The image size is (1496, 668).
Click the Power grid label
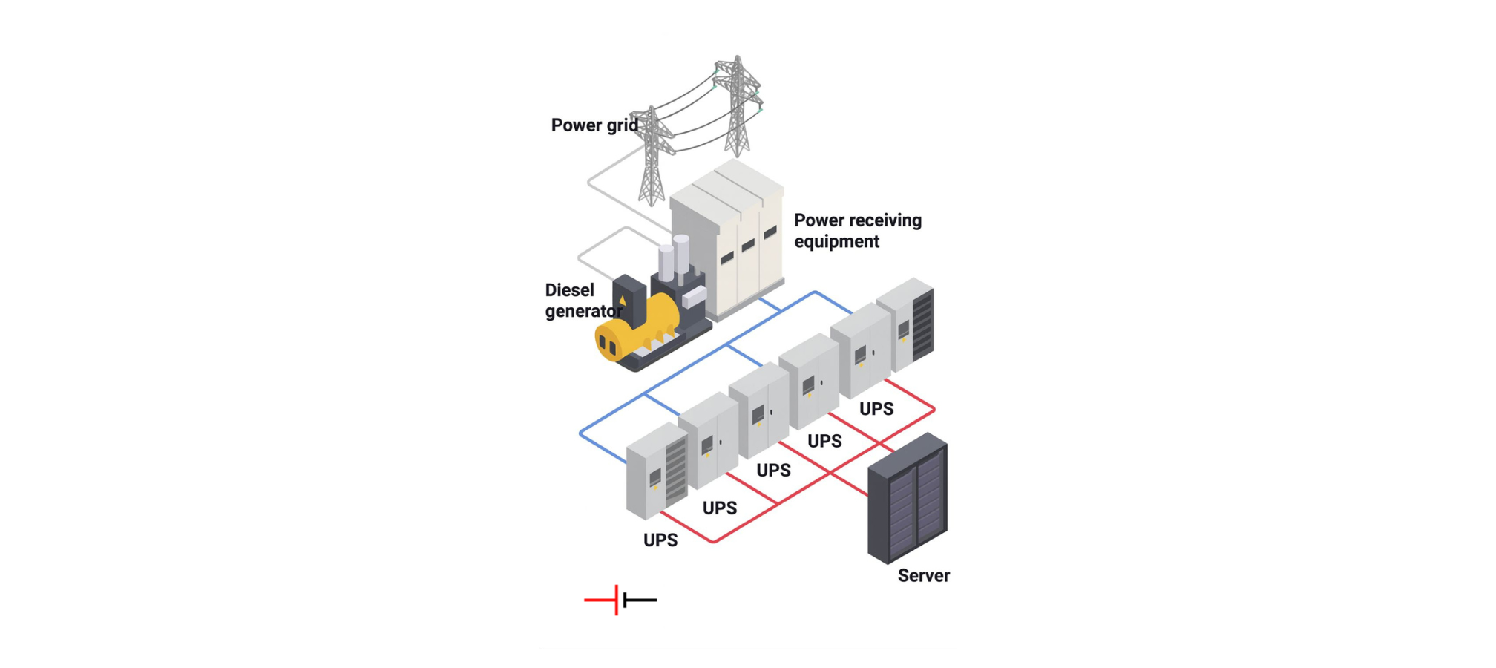pos(594,125)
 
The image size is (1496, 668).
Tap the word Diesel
pos(569,290)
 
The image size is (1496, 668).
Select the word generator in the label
pos(583,311)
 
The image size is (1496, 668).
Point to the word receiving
pos(885,220)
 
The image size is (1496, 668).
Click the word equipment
pos(836,242)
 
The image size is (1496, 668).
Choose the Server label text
pos(923,576)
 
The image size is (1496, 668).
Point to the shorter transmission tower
pos(652,156)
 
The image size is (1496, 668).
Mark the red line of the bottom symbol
pos(600,600)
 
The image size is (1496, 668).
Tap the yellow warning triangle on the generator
pos(622,301)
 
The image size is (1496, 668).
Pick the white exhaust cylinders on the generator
pos(673,256)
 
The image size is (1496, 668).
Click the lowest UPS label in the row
pos(660,540)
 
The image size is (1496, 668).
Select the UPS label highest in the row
pos(876,409)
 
